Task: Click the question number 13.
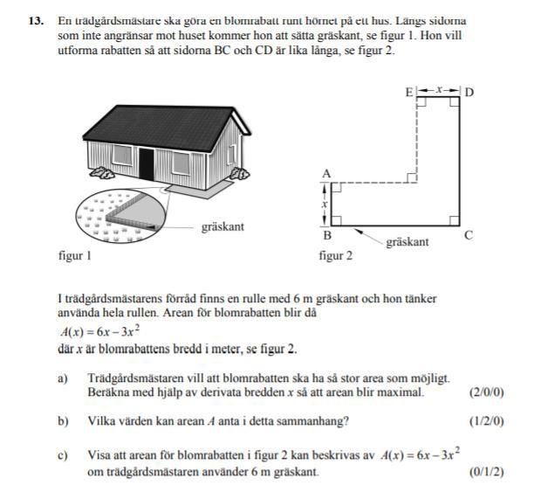tap(33, 19)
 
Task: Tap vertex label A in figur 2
tap(326, 174)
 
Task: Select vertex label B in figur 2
tap(326, 235)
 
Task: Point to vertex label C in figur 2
tap(469, 235)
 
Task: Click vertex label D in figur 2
tap(469, 92)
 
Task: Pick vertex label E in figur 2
tap(408, 92)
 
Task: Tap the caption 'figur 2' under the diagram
tap(336, 257)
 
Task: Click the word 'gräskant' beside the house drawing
tap(223, 227)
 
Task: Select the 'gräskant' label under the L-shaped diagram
tap(408, 242)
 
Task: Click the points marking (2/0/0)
tap(486, 392)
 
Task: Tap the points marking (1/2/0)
tap(486, 421)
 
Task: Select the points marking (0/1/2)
tap(486, 473)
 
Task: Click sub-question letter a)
tap(63, 378)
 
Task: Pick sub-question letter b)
tap(63, 421)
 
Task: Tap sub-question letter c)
tap(63, 455)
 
